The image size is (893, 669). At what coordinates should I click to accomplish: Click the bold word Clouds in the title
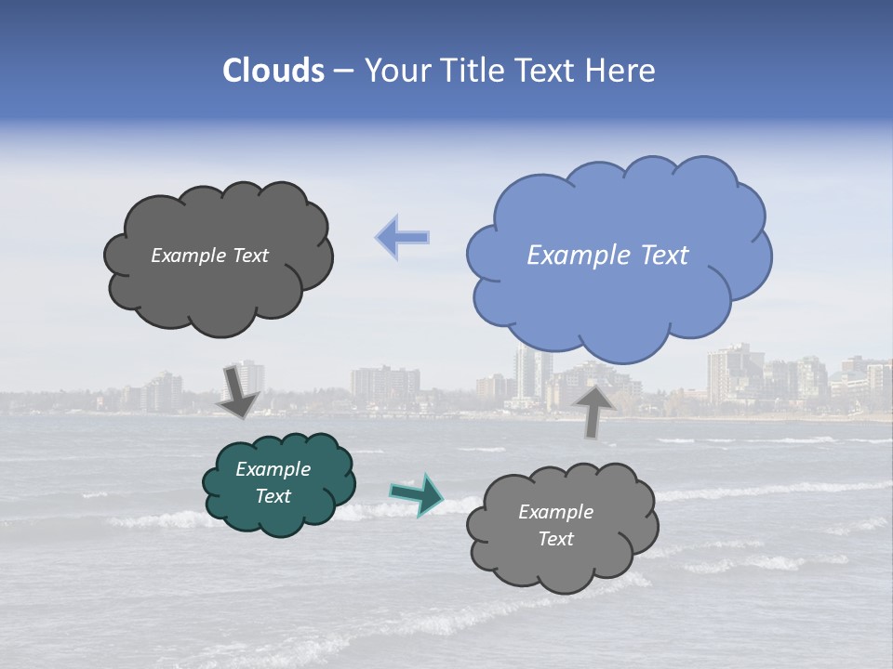(x=273, y=71)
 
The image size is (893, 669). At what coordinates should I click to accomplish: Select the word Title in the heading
(x=473, y=71)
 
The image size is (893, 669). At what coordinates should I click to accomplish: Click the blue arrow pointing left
(x=403, y=237)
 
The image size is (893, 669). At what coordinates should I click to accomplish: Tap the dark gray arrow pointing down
(x=238, y=391)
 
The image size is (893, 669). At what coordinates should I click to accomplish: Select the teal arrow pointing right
(x=416, y=493)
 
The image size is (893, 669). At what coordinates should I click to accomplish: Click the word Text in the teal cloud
(x=273, y=496)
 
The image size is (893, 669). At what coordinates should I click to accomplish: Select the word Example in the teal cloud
(x=273, y=469)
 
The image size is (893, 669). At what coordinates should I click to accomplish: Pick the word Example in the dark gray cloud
(x=188, y=256)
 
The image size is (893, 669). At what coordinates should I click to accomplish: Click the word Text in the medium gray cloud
(x=556, y=539)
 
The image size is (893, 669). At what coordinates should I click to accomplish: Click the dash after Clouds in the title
(x=342, y=71)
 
